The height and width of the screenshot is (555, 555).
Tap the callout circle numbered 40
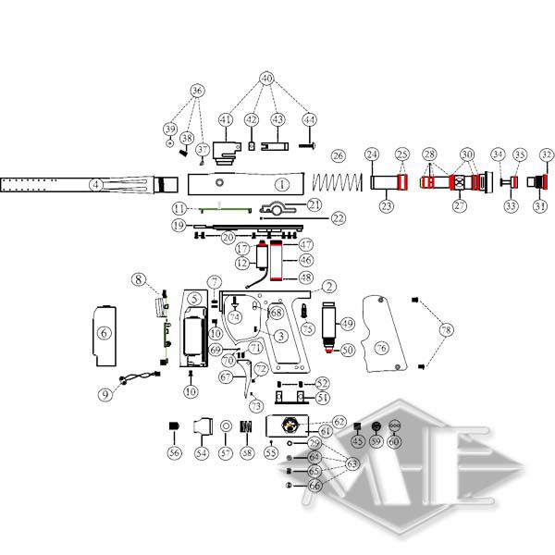(x=267, y=79)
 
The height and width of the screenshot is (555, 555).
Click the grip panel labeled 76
(x=380, y=333)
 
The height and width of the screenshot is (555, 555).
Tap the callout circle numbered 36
(x=196, y=91)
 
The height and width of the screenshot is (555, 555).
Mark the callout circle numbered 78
(x=447, y=330)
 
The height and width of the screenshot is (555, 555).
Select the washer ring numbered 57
(x=224, y=426)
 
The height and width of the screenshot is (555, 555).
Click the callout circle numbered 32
(x=546, y=154)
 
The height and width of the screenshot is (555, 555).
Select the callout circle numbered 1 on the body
(x=281, y=185)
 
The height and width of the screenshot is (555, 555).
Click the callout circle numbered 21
(x=314, y=204)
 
